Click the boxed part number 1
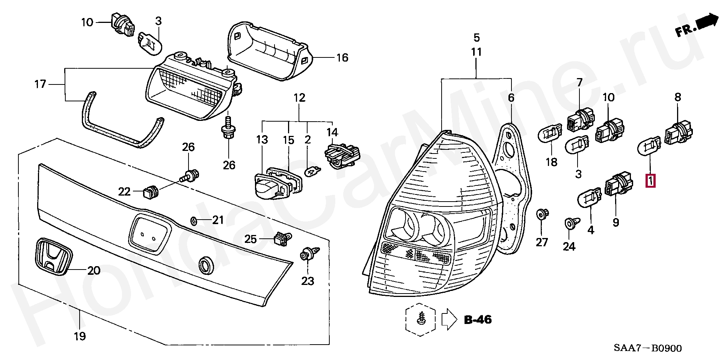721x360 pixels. tap(650, 181)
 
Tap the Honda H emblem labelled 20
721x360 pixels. tap(53, 255)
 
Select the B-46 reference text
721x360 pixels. tap(478, 320)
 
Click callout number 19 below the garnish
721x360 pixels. tap(80, 336)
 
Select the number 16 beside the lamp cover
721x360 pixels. tap(342, 57)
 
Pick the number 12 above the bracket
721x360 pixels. tap(299, 98)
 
